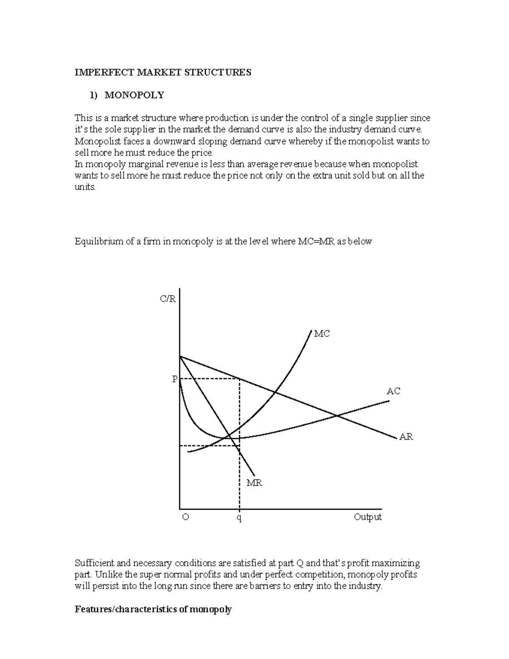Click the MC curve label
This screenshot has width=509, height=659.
coord(322,334)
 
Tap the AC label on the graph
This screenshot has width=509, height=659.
coord(393,391)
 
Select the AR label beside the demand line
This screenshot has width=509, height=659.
coord(406,437)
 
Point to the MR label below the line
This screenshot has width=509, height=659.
coord(255,483)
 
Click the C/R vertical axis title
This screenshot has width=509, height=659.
coord(168,299)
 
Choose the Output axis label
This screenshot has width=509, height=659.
coord(368,517)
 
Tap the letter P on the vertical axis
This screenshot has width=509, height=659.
coord(174,379)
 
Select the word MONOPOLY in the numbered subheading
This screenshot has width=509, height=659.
coord(134,95)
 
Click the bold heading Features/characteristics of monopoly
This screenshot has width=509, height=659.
coord(153,610)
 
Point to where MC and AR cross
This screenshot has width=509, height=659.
coord(276,392)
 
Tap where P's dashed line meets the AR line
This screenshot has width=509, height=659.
coord(240,379)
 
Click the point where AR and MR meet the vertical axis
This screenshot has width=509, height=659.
coord(180,356)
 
